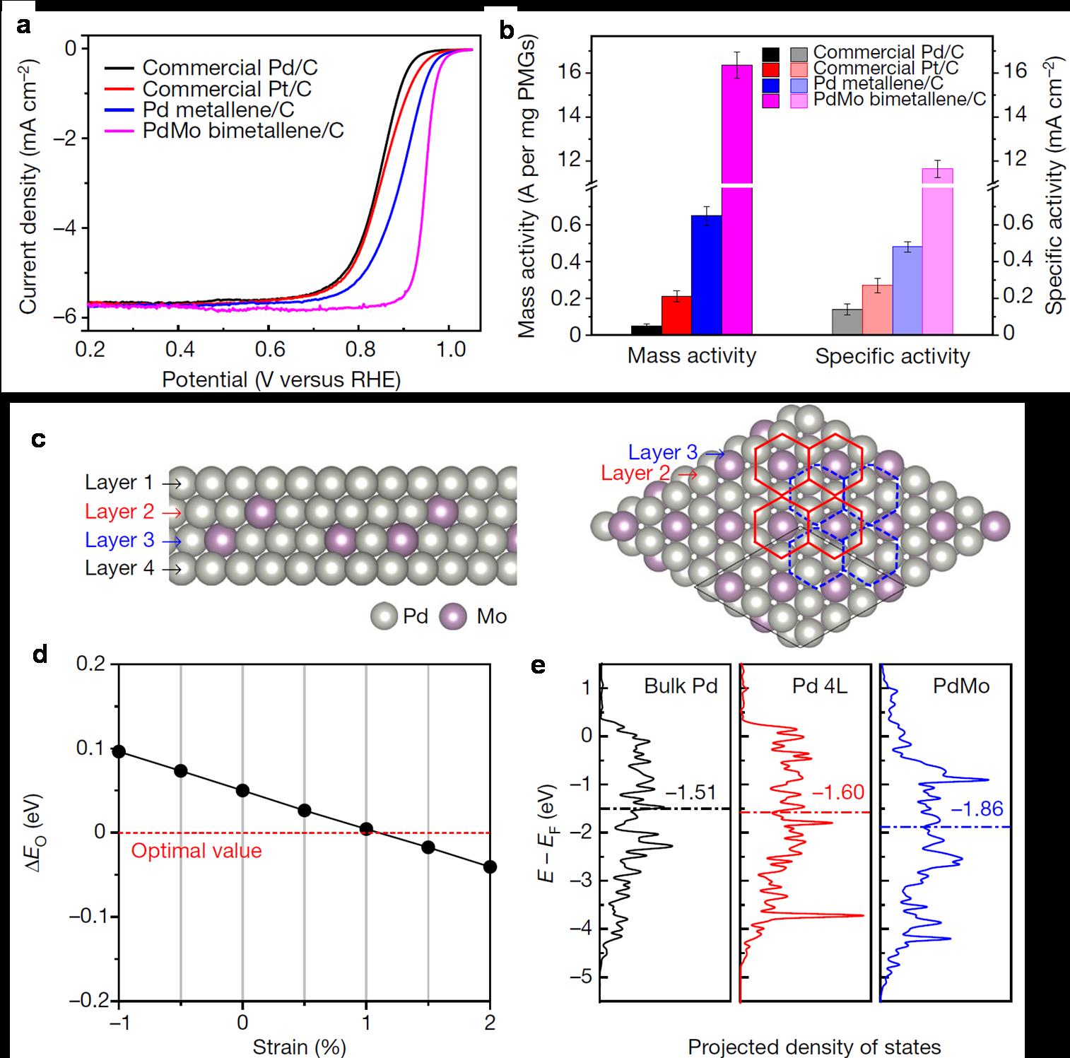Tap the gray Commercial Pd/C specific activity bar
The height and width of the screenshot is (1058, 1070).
847,322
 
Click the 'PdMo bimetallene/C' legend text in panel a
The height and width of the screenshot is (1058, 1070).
242,131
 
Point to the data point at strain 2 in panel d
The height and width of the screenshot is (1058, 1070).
490,866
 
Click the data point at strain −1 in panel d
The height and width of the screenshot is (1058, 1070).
119,751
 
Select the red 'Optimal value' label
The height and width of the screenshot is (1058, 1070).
196,850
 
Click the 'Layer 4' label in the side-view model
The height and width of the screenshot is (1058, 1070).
119,568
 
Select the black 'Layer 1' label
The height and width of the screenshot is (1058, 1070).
119,483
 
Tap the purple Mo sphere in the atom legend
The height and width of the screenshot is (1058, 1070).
453,616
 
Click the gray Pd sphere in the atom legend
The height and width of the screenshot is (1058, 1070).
385,616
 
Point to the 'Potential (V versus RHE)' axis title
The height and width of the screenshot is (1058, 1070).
281,380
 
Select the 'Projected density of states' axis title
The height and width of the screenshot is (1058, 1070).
814,1047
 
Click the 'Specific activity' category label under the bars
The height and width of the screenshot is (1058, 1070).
892,356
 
